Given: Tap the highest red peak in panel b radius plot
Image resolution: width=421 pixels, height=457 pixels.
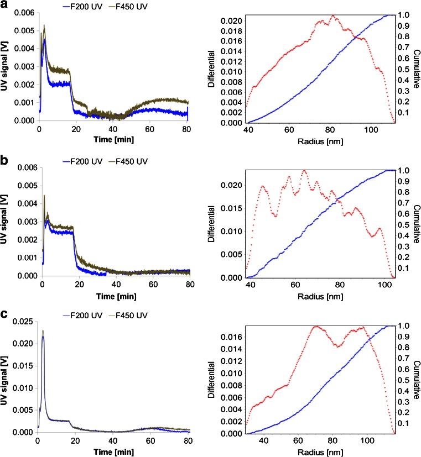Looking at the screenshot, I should tap(304, 171).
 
